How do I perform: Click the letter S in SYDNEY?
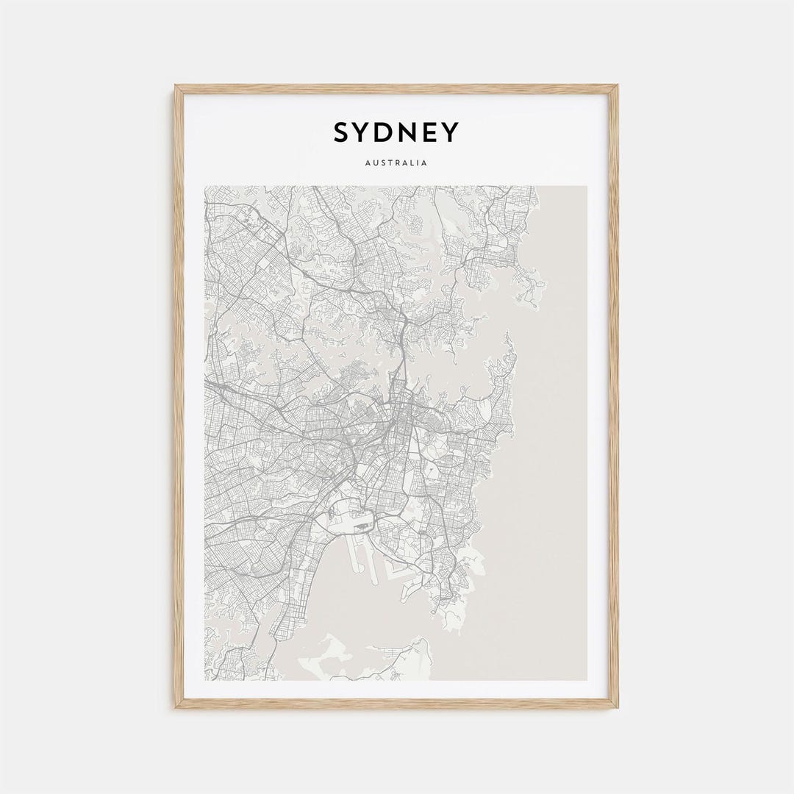coord(342,133)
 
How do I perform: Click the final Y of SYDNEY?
coord(451,133)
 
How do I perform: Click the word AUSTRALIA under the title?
coord(396,162)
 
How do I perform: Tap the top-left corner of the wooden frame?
coord(176,87)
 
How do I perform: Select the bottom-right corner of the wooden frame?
coord(616,707)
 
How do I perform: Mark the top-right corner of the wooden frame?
coord(616,87)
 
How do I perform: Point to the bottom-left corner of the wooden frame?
coord(176,707)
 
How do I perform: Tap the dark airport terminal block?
coord(362,526)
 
